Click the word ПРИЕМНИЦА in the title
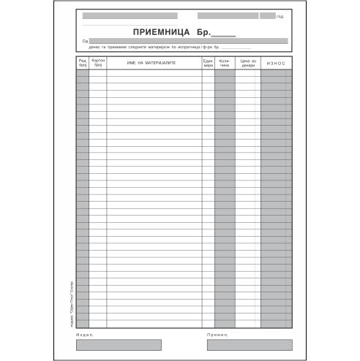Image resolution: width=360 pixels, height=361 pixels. [159, 32]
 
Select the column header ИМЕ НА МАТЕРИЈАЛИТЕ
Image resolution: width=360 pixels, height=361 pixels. [153, 64]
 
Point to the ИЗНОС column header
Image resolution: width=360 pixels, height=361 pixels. [276, 64]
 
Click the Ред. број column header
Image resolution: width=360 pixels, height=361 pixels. [83, 64]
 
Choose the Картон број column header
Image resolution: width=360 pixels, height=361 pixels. [97, 64]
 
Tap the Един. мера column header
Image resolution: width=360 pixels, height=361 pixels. [208, 64]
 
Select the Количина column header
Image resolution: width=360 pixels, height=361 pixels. [225, 64]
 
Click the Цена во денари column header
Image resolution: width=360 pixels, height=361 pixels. [248, 64]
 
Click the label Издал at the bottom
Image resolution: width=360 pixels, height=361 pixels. [85, 335]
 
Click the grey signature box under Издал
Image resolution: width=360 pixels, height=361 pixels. [109, 345]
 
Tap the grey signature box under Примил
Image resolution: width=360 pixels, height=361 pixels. [249, 345]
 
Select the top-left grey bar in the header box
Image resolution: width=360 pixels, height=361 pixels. [135, 15]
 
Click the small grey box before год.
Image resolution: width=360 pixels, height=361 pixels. [267, 15]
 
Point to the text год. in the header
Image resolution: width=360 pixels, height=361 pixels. [280, 16]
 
